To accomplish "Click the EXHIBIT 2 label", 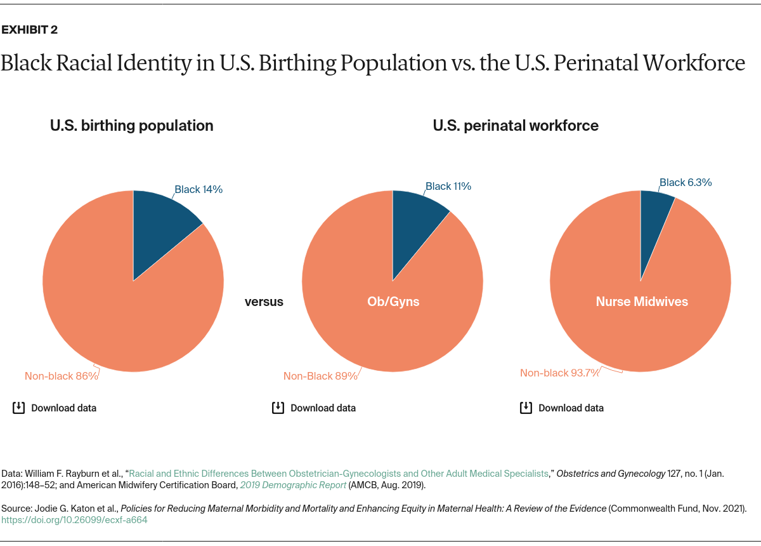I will tap(30, 30).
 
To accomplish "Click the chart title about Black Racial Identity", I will tap(372, 63).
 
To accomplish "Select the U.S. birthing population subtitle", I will tap(132, 126).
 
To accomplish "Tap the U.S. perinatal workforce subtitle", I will tap(516, 126).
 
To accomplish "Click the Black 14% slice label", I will tap(198, 189).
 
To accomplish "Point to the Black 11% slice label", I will tap(448, 186).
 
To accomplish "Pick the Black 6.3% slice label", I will tap(686, 182).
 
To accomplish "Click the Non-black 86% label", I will tap(62, 376).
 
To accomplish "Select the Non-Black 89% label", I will tap(320, 376).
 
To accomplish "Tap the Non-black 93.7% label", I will tap(559, 373).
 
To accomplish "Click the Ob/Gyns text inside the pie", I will tap(393, 302).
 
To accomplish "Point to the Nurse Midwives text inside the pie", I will tap(642, 302).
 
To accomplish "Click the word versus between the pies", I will tap(264, 302).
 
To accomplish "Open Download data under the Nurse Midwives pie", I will tap(571, 408).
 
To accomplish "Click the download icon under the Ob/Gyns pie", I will tap(278, 408).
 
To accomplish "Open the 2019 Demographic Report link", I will tap(293, 485).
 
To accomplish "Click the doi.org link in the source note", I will tap(74, 519).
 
